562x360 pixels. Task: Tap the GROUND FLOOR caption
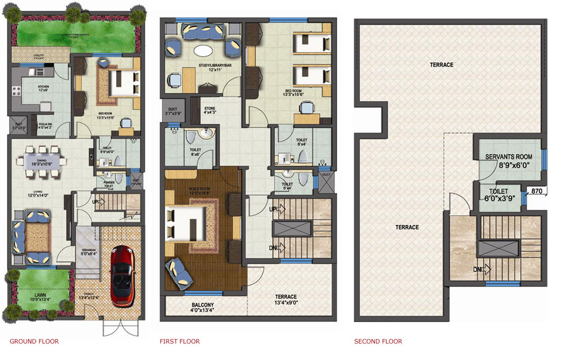tap(34, 341)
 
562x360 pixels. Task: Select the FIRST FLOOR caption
tap(180, 341)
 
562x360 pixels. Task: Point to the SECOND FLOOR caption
tap(378, 341)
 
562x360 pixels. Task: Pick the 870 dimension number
tap(537, 192)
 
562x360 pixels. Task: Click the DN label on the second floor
tap(477, 270)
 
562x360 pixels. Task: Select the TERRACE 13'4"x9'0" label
tap(285, 300)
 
